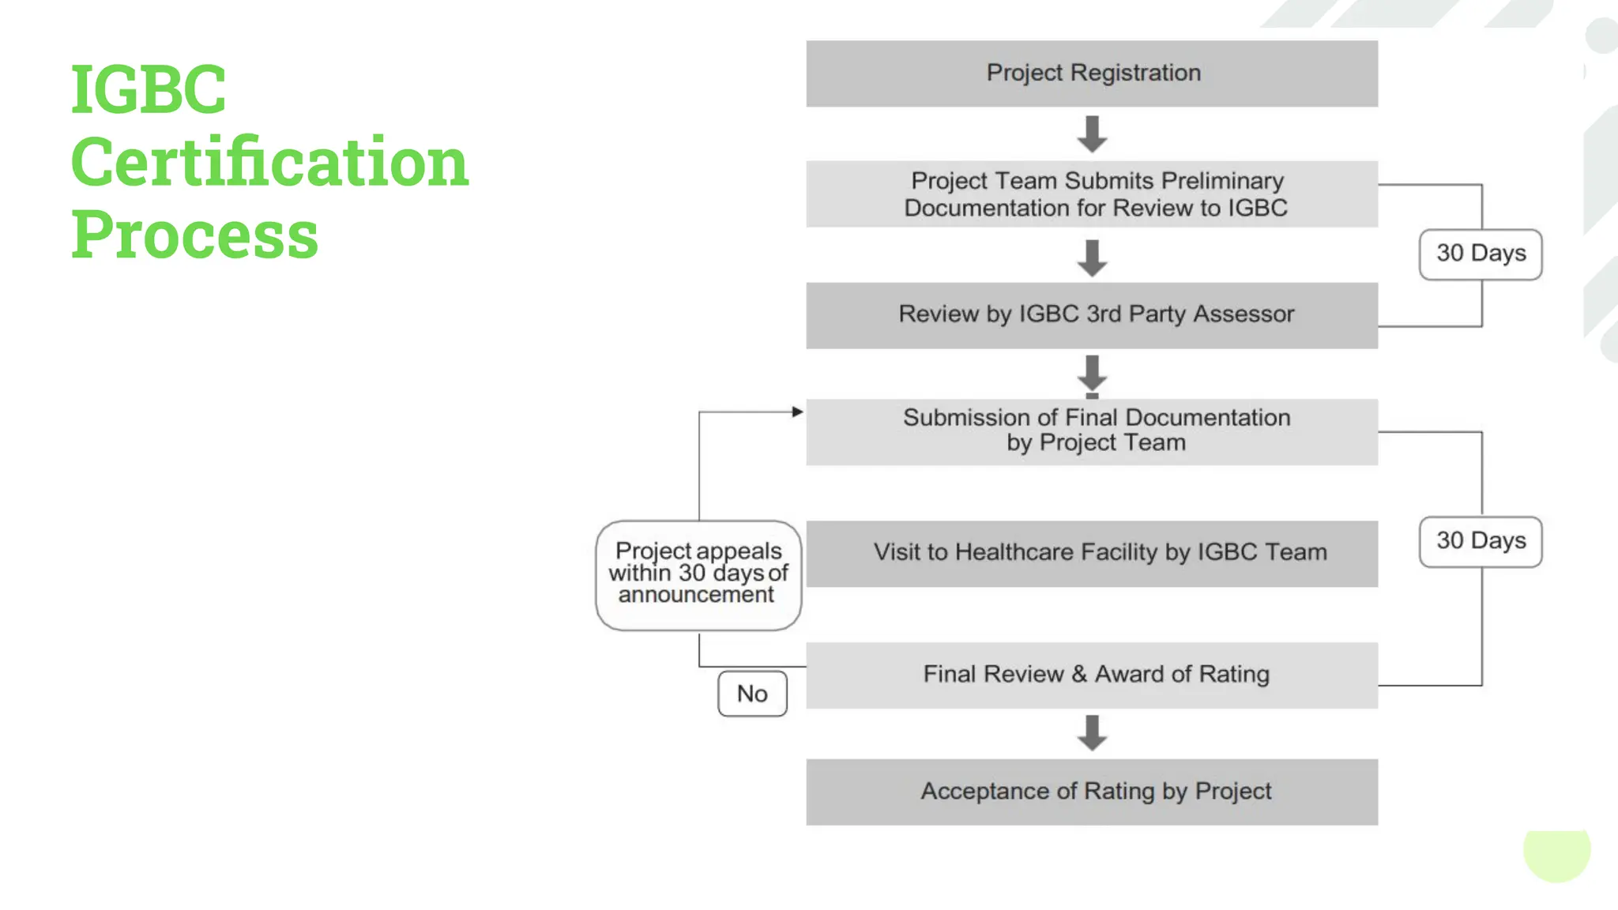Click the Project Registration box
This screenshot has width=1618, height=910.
[x=1092, y=73]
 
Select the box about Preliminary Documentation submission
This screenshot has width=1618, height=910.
[x=1092, y=194]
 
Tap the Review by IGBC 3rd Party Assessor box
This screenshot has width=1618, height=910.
[x=1092, y=315]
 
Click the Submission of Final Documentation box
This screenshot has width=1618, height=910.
[x=1092, y=431]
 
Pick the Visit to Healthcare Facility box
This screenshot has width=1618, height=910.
[x=1092, y=553]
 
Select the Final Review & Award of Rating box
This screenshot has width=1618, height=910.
[x=1092, y=675]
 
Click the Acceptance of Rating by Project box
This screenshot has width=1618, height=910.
[x=1092, y=792]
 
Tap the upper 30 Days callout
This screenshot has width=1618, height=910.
[x=1481, y=254]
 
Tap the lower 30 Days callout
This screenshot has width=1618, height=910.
[x=1481, y=542]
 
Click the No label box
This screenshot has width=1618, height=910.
[x=752, y=694]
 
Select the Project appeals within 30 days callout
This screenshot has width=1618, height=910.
[x=698, y=574]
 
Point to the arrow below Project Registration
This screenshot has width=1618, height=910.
[x=1092, y=134]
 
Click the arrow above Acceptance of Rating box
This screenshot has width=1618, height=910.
[x=1092, y=733]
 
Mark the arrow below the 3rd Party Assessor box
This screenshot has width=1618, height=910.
[x=1092, y=374]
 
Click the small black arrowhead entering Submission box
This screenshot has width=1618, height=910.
[x=797, y=412]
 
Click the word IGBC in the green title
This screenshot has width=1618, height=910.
[x=149, y=89]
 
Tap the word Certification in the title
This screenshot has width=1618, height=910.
[x=269, y=162]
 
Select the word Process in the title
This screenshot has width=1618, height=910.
[x=194, y=235]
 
